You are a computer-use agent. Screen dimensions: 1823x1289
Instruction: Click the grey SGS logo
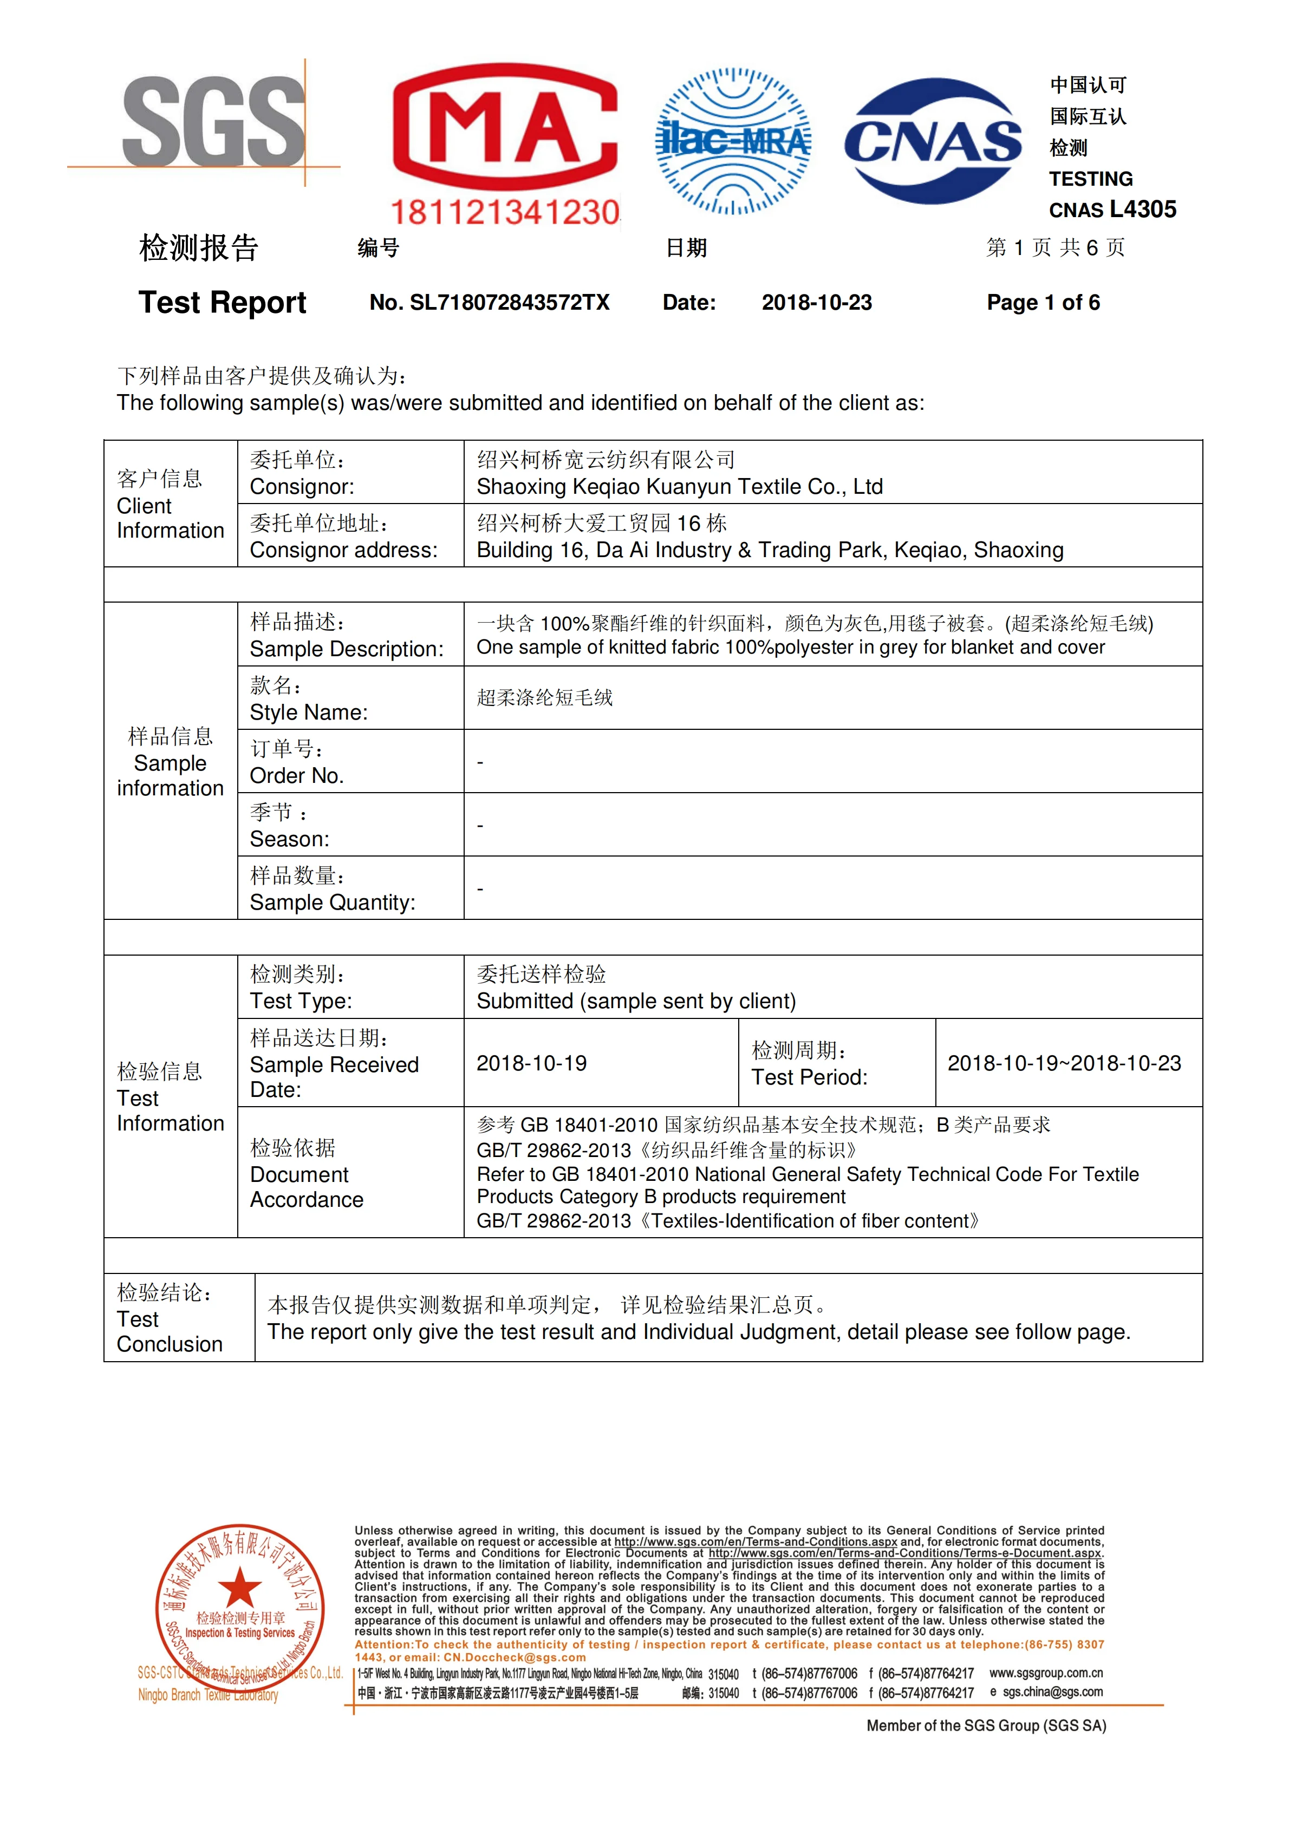pos(213,121)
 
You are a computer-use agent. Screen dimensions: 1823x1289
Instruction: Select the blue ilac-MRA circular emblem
pos(732,141)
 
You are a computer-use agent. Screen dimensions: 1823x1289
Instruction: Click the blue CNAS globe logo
pos(933,141)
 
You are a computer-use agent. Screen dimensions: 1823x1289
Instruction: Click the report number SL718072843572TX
pos(509,303)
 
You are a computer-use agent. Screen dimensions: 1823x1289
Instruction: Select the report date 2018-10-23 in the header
pos(816,303)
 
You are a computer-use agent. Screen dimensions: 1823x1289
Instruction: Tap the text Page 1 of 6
pos(1043,303)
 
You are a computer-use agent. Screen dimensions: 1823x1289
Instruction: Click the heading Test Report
pos(223,303)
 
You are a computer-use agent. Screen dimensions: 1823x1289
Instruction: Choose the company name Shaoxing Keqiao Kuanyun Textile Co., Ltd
pos(679,487)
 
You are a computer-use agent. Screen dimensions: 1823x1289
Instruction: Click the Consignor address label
pos(343,550)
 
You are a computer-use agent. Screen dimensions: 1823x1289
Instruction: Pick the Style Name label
pos(308,712)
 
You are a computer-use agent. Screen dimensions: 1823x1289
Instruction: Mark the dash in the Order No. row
pos(480,762)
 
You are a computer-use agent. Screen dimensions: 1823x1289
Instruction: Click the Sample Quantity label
pos(332,903)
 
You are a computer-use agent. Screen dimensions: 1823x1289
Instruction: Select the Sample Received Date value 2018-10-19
pos(531,1063)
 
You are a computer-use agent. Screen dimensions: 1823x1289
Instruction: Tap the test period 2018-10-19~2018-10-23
pos(1064,1063)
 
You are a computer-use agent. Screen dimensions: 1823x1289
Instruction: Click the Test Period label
pos(809,1077)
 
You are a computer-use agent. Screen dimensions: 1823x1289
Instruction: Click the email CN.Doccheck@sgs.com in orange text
pos(515,1657)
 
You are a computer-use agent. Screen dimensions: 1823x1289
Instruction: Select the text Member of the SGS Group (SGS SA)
pos(986,1726)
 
